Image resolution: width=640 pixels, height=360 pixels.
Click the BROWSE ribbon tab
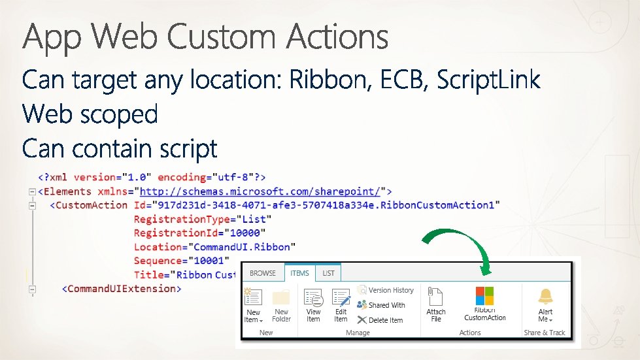pos(263,273)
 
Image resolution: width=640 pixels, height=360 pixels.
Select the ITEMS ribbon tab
pos(300,273)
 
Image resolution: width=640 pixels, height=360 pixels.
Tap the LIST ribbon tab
pos(328,273)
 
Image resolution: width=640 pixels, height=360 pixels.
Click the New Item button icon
pos(253,297)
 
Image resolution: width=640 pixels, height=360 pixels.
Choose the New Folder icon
pos(281,297)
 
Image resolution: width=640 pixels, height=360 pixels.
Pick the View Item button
pos(314,299)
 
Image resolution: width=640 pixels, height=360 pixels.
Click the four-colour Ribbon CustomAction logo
pos(484,295)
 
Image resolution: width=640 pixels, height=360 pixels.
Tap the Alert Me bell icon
pos(545,296)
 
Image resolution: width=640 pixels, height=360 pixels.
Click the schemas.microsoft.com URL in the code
pos(260,191)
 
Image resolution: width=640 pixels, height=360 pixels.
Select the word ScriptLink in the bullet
pos(488,81)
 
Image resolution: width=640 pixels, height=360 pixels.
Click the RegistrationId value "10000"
pos(246,233)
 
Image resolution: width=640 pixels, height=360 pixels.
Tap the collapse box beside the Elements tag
pos(31,191)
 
